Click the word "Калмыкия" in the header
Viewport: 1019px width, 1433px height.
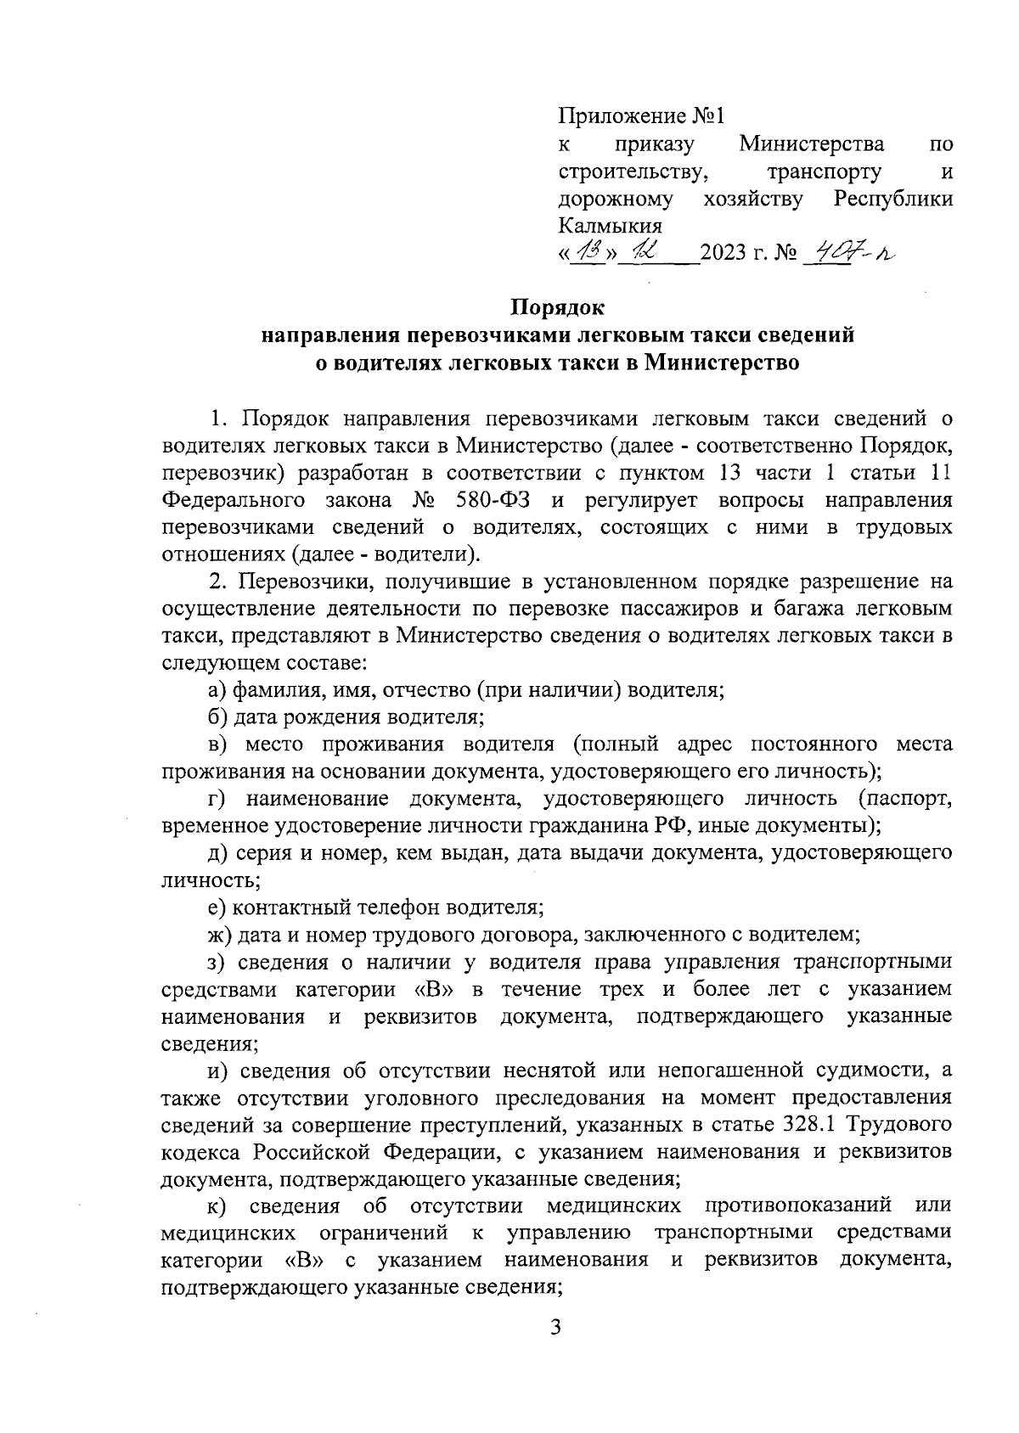coord(610,226)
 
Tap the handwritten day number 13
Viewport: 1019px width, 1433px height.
coord(588,251)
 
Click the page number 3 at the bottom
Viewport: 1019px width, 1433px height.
coord(556,1351)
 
